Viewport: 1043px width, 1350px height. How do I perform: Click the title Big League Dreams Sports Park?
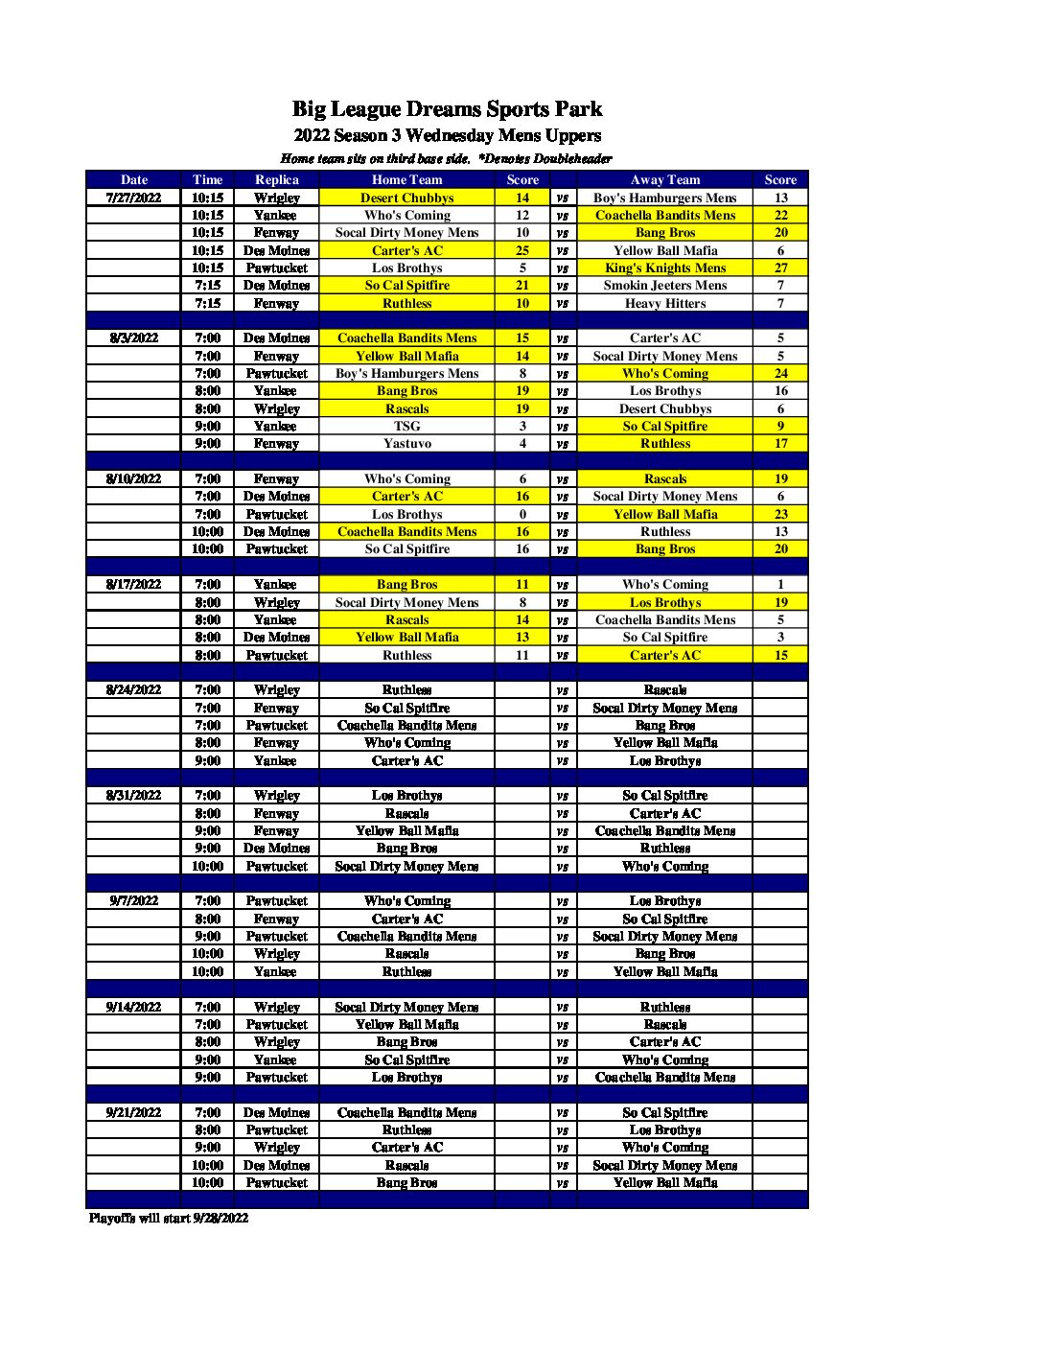[447, 109]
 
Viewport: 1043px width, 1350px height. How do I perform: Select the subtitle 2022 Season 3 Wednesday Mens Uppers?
[447, 135]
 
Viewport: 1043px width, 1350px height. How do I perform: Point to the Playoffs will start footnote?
[169, 1218]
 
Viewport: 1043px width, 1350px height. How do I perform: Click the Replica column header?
[276, 179]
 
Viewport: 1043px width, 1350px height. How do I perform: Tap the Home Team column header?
[406, 179]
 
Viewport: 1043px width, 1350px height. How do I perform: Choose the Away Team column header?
[664, 179]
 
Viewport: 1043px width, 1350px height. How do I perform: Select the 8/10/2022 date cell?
[133, 478]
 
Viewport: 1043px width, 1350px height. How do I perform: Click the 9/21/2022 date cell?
[133, 1112]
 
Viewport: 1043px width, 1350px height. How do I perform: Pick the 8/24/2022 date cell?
[133, 689]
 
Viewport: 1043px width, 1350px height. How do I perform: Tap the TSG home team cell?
[406, 426]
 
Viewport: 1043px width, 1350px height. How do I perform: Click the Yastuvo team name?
[406, 443]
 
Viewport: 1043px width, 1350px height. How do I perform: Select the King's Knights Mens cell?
[664, 268]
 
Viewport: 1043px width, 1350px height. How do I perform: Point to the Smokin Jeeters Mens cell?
[664, 285]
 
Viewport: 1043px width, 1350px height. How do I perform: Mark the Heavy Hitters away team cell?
[664, 303]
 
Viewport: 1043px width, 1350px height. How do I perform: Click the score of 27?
[780, 268]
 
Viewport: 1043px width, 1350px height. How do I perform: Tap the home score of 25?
[522, 250]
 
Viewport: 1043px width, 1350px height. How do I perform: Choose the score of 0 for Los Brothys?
[522, 514]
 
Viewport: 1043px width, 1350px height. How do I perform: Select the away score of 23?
[780, 514]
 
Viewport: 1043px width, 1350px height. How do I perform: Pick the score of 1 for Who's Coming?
[780, 584]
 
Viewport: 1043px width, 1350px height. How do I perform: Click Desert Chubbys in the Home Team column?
[406, 198]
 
